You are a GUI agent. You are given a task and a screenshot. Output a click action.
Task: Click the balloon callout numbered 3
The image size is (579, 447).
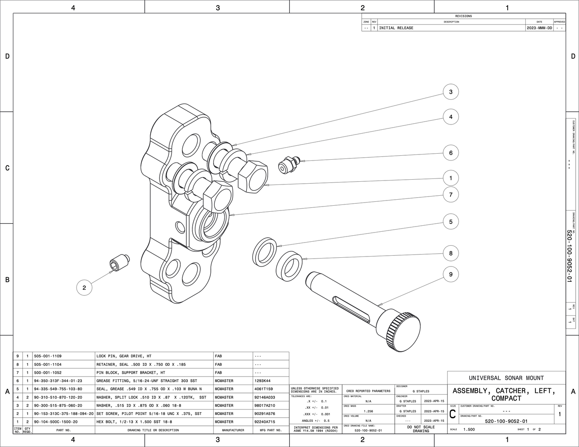pyautogui.click(x=450, y=92)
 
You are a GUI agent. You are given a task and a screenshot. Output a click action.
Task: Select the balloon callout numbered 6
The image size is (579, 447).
pyautogui.click(x=450, y=153)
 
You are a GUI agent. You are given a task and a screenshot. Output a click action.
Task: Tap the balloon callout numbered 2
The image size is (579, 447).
pyautogui.click(x=84, y=287)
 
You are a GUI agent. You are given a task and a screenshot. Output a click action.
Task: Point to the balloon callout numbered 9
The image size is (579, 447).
pyautogui.click(x=450, y=274)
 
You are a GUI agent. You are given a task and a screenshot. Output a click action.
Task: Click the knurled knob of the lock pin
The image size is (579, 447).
pyautogui.click(x=403, y=331)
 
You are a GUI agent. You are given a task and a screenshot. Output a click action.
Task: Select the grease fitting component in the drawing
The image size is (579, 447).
pyautogui.click(x=288, y=164)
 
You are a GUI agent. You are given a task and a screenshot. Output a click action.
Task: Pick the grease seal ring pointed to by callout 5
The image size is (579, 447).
pyautogui.click(x=264, y=252)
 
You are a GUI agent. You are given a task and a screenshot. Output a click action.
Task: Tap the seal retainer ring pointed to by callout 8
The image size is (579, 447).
pyautogui.click(x=288, y=265)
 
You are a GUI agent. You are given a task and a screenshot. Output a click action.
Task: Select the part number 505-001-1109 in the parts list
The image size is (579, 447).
pyautogui.click(x=48, y=356)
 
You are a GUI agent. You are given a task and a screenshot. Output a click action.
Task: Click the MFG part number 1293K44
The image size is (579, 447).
pyautogui.click(x=262, y=381)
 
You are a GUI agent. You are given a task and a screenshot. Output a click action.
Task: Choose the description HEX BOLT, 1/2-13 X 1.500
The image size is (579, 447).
pyautogui.click(x=134, y=422)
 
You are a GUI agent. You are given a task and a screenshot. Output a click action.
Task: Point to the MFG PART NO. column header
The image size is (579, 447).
pyautogui.click(x=270, y=430)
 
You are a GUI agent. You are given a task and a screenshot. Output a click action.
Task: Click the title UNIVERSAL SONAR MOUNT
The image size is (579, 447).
pyautogui.click(x=506, y=378)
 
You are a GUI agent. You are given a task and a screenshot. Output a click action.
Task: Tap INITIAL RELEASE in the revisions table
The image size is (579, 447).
pyautogui.click(x=396, y=28)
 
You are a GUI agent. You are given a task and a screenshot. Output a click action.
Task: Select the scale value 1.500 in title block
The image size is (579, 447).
pyautogui.click(x=469, y=429)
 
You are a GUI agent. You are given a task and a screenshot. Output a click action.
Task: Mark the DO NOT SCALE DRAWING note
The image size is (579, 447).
pyautogui.click(x=421, y=429)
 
